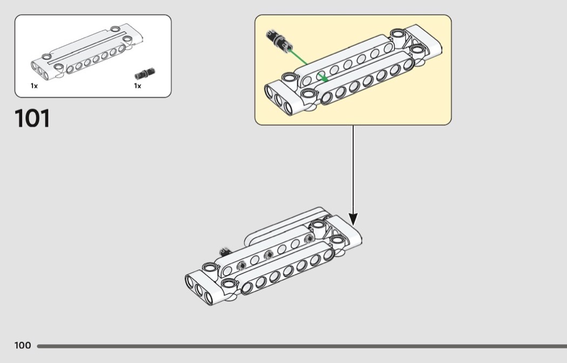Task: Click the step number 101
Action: click(32, 119)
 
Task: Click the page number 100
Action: click(23, 345)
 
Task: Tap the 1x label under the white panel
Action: click(34, 86)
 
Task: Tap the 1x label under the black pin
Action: click(137, 86)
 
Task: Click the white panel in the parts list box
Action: click(86, 52)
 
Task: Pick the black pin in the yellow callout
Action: click(280, 39)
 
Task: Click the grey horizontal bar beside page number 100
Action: click(302, 346)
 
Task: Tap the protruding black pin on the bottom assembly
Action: click(226, 251)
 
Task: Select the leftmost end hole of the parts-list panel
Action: click(36, 66)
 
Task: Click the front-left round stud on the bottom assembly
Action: click(228, 283)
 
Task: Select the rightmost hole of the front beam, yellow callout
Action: click(408, 65)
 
